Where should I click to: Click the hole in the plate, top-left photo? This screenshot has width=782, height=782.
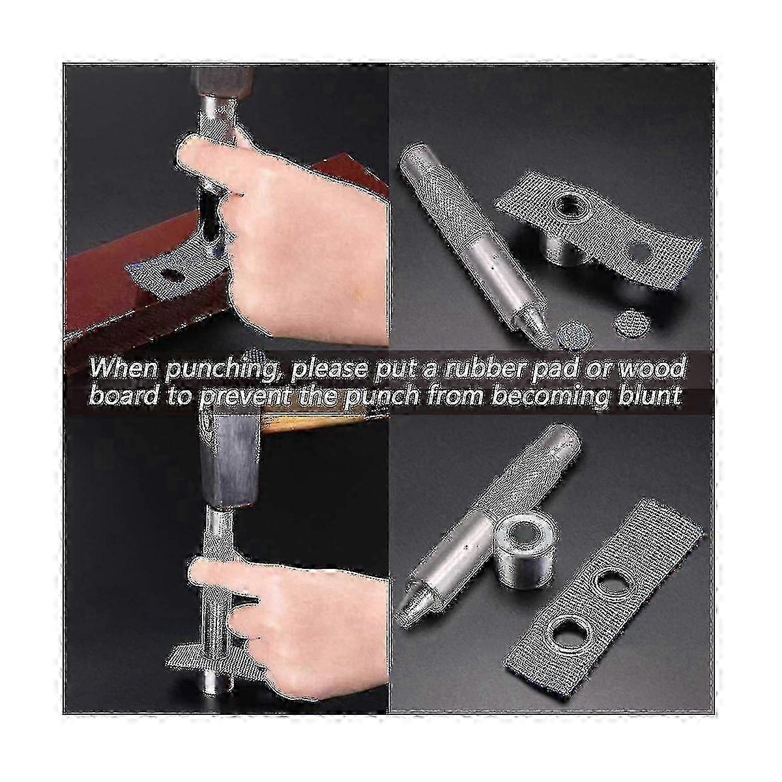pos(171,276)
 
